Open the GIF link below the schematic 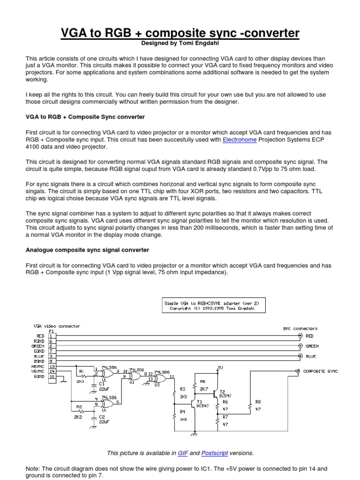click(x=182, y=453)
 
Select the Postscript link click(x=214, y=453)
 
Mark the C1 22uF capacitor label click(x=102, y=385)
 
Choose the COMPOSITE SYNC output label click(x=320, y=371)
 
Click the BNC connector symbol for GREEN click(x=300, y=346)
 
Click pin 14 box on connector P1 click(x=52, y=371)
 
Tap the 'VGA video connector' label click(x=57, y=326)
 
